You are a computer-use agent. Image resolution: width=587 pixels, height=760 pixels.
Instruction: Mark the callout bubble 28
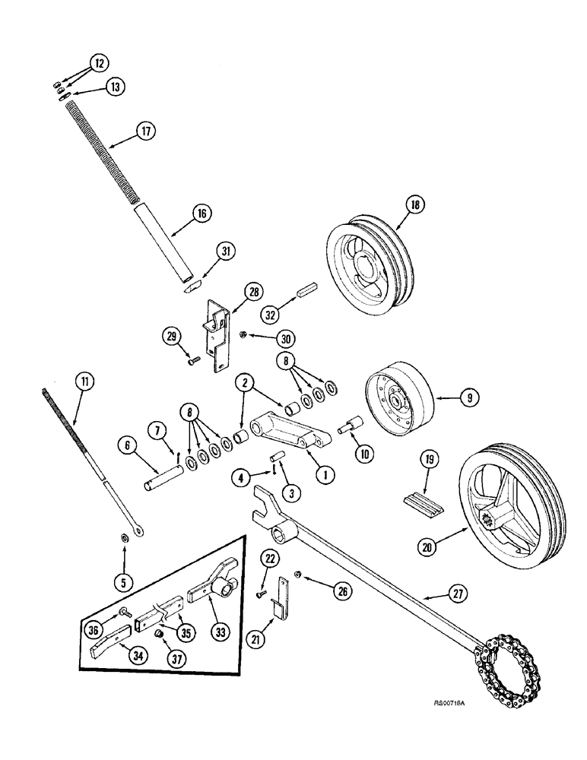pos(252,291)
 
